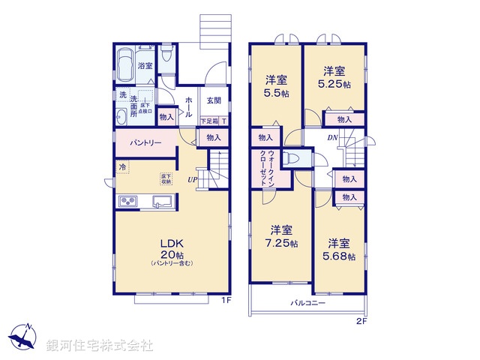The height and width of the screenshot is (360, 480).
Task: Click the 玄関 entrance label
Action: coord(214,100)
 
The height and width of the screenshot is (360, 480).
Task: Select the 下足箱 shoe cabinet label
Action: coord(208,121)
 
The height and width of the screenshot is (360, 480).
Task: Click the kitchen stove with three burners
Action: coord(127,202)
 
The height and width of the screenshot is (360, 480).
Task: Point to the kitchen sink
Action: coord(161,202)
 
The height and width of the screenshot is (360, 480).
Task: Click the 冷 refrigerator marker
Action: coord(120,166)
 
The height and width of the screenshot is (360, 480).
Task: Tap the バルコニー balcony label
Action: coord(307,304)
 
